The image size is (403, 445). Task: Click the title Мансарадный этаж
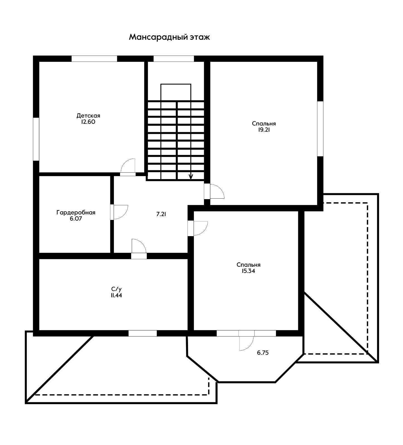coord(169,37)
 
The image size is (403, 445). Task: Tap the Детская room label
coord(88,115)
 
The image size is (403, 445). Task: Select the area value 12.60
coord(88,122)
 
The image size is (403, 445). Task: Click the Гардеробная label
coord(76,213)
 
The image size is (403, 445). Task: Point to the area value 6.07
coord(76,219)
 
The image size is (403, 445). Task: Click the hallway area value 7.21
coord(161,214)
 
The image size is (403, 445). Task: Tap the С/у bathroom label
coord(116,289)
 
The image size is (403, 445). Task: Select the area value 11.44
coord(116,295)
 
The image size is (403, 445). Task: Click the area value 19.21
coord(264,130)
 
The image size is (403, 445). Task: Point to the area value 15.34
coord(248,271)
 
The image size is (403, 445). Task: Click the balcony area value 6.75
coord(263,353)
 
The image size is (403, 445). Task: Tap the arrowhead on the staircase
coord(191,176)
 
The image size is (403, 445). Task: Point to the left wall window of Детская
coord(36,139)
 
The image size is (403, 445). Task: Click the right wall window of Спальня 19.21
coord(320,128)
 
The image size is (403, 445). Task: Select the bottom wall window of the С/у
coord(143,333)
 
